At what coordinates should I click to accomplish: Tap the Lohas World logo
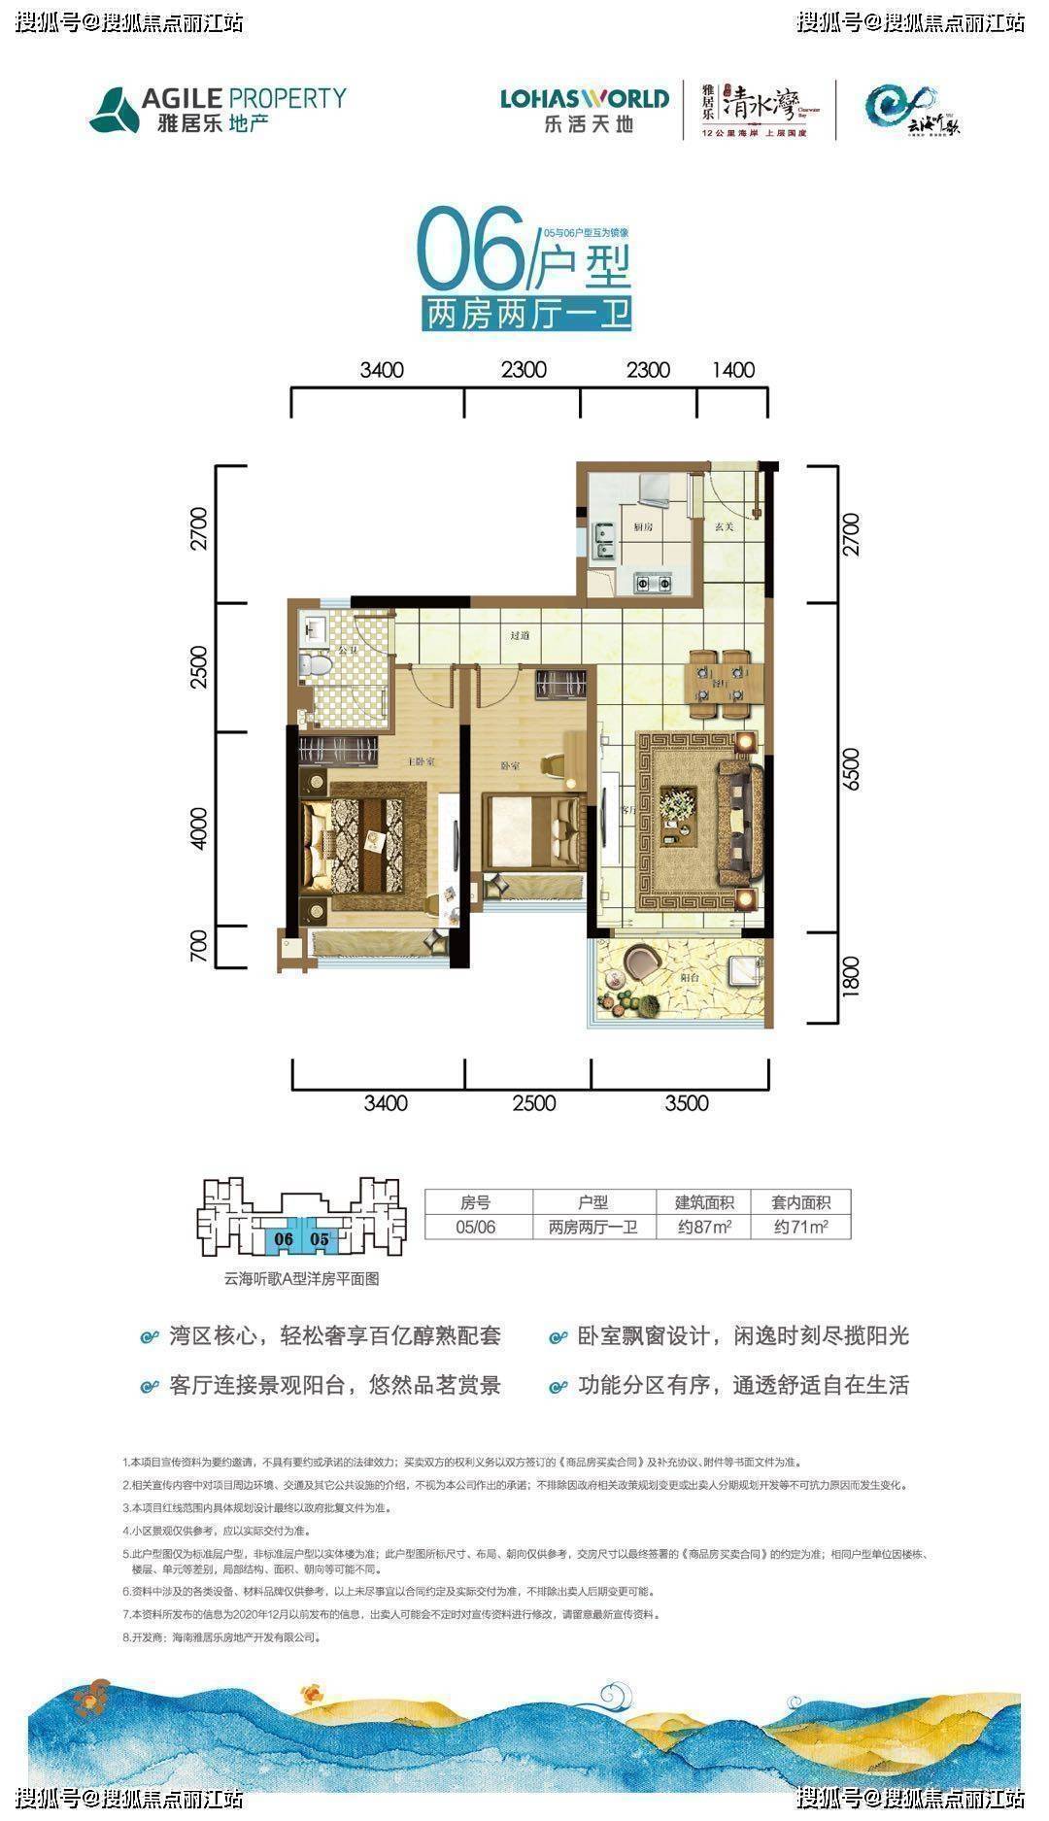click(585, 109)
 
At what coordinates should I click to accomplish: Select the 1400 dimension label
click(732, 370)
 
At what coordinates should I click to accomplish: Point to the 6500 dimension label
click(852, 769)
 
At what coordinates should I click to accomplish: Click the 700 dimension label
click(199, 946)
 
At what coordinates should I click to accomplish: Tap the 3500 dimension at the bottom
click(687, 1103)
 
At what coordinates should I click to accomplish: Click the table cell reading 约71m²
click(801, 1227)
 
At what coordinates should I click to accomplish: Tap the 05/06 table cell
click(476, 1227)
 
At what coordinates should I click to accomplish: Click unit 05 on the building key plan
click(319, 1239)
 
